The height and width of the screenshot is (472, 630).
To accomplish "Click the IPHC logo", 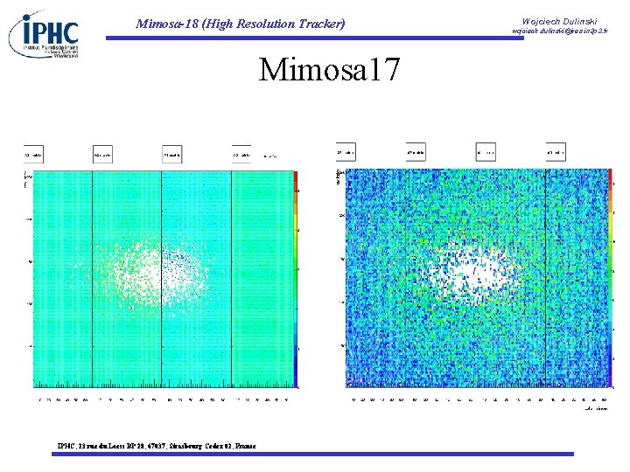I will click(45, 35).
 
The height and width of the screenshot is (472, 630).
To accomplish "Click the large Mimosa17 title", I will click(328, 69).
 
